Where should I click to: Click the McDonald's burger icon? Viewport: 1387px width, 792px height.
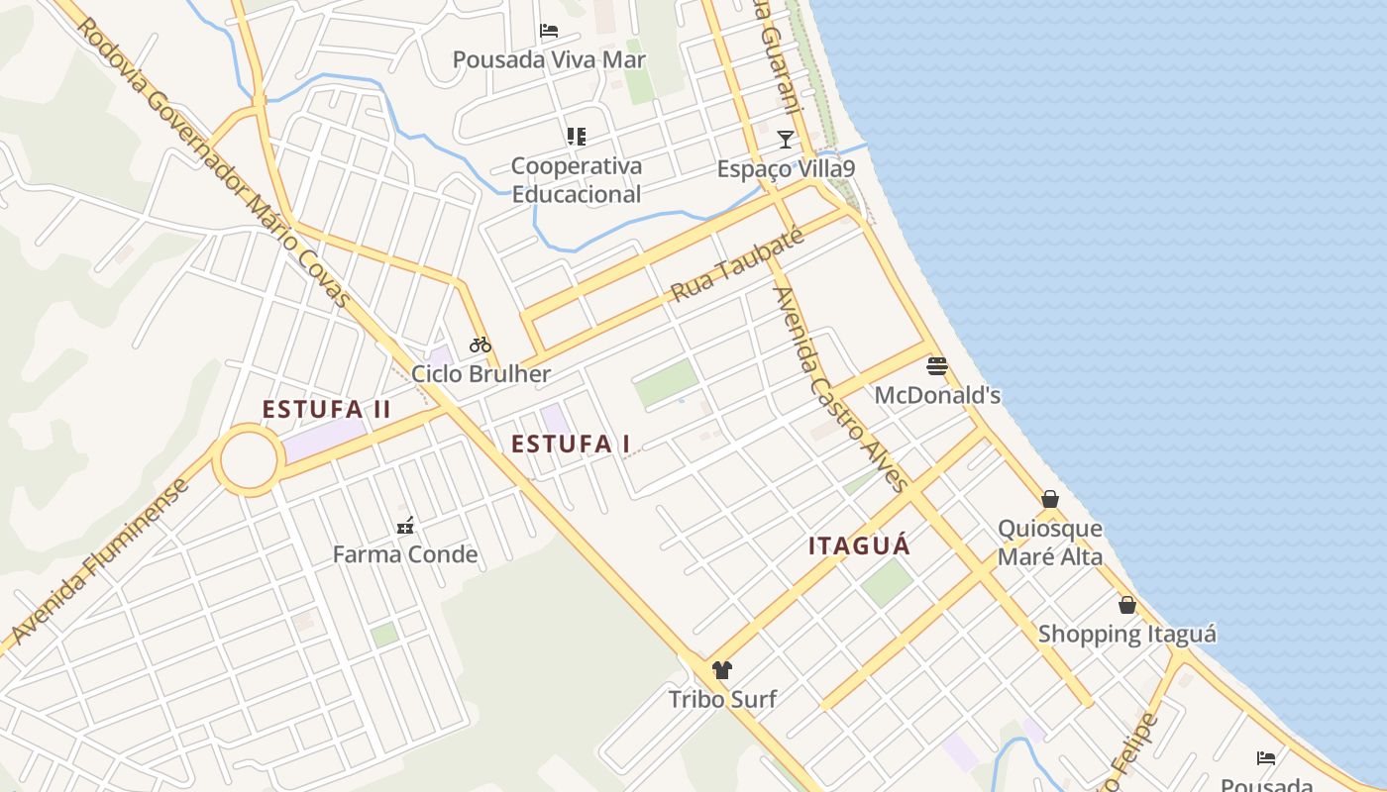point(937,366)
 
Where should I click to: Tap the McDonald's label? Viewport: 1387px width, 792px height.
point(937,396)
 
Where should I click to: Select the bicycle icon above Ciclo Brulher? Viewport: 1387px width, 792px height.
point(480,345)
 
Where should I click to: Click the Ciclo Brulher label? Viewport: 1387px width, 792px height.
point(480,374)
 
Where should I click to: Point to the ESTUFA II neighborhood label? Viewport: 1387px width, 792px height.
point(327,410)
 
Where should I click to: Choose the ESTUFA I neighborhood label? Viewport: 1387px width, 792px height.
point(571,445)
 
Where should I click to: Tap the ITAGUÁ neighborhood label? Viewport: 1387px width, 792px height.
point(859,546)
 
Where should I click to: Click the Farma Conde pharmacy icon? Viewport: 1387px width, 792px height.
point(404,525)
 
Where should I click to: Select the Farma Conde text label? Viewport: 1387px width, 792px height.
point(404,554)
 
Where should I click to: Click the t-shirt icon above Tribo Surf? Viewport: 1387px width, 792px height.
point(721,670)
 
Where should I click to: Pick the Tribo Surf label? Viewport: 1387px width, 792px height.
point(721,700)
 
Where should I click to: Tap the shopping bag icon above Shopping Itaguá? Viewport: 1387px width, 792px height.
point(1127,605)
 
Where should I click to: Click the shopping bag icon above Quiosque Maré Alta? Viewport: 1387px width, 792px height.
point(1050,499)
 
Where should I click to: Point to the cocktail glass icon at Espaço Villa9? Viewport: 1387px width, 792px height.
point(786,139)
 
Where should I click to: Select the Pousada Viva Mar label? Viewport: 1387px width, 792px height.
point(549,60)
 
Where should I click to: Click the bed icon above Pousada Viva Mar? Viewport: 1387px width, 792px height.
point(549,31)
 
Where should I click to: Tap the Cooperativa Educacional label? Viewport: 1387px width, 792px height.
point(576,180)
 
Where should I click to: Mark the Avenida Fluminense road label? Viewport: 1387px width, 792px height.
point(100,561)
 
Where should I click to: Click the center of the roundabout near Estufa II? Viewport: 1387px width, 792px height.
point(248,460)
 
